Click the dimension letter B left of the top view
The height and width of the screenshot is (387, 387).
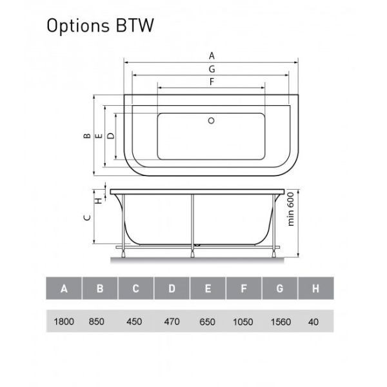86,136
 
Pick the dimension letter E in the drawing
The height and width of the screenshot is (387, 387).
98,136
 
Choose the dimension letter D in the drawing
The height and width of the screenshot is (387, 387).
110,136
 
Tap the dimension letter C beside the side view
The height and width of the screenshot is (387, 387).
86,218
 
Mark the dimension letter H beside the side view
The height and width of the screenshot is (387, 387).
98,200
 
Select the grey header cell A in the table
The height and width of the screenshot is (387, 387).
64,288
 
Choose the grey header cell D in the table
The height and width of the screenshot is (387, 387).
172,288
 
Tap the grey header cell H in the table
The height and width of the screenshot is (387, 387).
315,288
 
